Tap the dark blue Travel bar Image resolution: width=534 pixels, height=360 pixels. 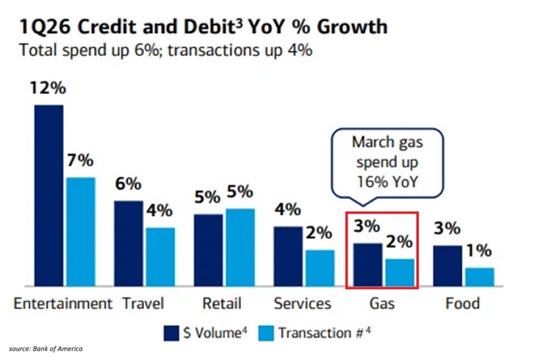(x=129, y=243)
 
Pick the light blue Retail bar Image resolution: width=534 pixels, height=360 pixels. (x=240, y=247)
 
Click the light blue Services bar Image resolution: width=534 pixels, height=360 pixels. (x=320, y=268)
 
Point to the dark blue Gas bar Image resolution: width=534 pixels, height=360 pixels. (x=367, y=264)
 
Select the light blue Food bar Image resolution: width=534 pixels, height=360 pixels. (x=480, y=276)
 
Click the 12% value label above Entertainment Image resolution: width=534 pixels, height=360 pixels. (x=48, y=89)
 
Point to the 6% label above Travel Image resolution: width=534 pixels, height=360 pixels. (x=128, y=185)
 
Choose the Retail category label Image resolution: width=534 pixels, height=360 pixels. (x=222, y=304)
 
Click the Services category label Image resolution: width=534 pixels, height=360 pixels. (x=302, y=304)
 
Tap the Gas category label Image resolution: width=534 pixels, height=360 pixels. (x=382, y=304)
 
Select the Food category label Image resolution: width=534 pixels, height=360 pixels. (x=463, y=304)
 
